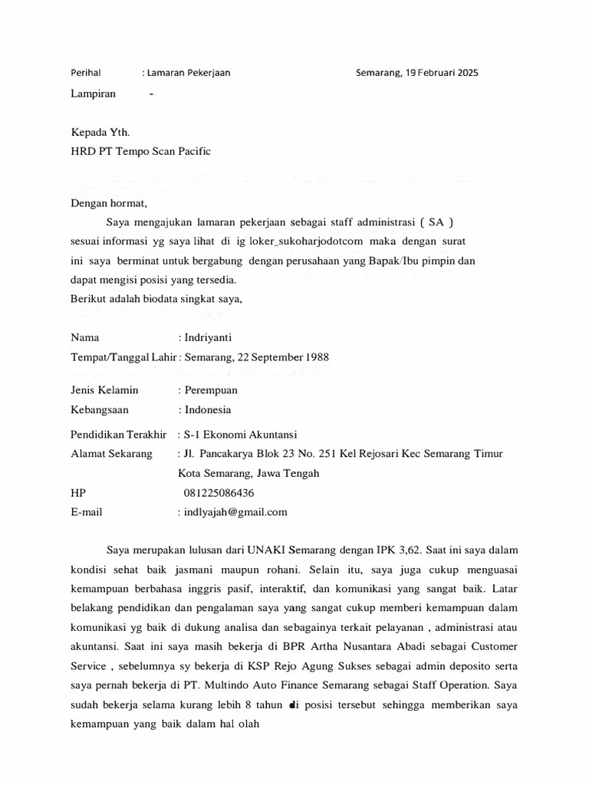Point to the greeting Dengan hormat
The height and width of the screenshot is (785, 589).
[108, 204]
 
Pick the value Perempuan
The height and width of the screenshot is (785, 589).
[210, 390]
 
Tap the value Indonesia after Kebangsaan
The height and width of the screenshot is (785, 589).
[207, 409]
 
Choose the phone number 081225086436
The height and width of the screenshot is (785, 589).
[219, 493]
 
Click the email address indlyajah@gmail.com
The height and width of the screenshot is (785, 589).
[235, 512]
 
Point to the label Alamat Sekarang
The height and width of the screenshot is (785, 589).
[111, 454]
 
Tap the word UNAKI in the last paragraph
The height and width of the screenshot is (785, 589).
[269, 550]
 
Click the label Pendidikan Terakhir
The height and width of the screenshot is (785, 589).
[118, 434]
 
